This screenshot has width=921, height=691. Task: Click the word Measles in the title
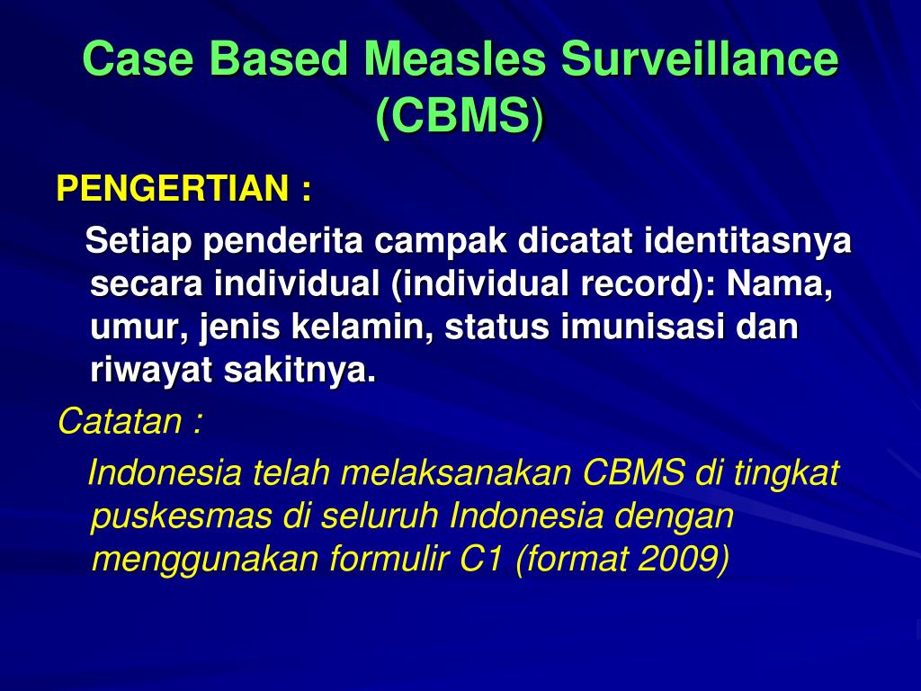pyautogui.click(x=455, y=58)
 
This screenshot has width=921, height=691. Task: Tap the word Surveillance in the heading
pyautogui.click(x=700, y=58)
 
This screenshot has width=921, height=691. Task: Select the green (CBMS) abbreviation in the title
pyautogui.click(x=460, y=115)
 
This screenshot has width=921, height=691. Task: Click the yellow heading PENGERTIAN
pyautogui.click(x=173, y=189)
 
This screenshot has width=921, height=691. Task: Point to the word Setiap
pyautogui.click(x=139, y=241)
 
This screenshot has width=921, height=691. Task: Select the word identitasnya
pyautogui.click(x=747, y=242)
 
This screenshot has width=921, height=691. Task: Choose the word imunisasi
pyautogui.click(x=642, y=327)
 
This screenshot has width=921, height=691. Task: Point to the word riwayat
pyautogui.click(x=151, y=371)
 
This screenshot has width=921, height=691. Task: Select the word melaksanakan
pyautogui.click(x=456, y=472)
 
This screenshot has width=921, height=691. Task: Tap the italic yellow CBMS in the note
pyautogui.click(x=634, y=472)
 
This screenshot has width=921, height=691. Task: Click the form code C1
pyautogui.click(x=480, y=559)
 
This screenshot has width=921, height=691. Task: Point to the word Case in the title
pyautogui.click(x=138, y=58)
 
